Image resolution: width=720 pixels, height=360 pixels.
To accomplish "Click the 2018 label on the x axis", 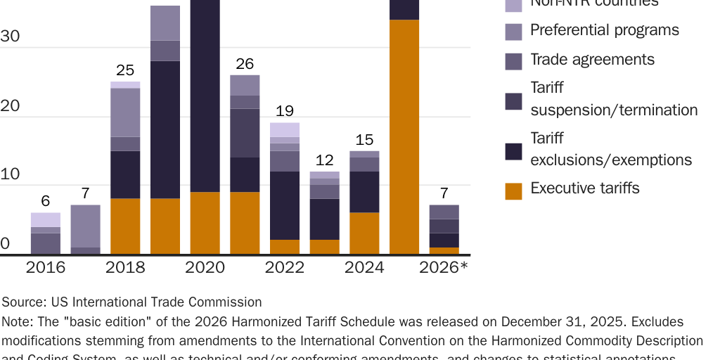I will [125, 268].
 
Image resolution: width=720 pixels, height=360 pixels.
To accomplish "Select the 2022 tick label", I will [285, 268].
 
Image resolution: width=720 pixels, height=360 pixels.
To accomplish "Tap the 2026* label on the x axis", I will [444, 268].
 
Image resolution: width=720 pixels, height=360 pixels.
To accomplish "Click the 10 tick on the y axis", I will [11, 175].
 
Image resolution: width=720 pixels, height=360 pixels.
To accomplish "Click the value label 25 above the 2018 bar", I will [125, 70].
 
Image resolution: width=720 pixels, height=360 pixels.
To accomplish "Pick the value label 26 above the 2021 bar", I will [245, 64].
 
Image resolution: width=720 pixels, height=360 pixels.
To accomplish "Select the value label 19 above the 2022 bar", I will [285, 112].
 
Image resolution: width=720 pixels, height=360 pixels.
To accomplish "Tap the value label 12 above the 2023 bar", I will [324, 160].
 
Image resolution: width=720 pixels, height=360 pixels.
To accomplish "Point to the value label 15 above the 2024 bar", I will [364, 140].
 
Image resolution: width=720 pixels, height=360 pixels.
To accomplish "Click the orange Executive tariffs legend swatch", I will [513, 191].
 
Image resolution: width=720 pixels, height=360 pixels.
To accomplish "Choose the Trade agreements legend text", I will [592, 60].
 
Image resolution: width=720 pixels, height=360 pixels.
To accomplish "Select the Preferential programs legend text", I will [604, 30].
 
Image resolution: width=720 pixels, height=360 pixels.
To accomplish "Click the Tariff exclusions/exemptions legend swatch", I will [513, 151].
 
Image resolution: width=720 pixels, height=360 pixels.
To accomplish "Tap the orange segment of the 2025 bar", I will [404, 137].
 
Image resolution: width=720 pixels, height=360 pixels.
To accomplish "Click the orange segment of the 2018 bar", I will [125, 226].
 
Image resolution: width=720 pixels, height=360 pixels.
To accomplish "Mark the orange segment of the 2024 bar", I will [364, 233].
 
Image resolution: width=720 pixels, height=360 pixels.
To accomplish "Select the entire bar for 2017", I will [85, 230].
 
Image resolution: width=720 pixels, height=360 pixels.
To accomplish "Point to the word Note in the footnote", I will [16, 322].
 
